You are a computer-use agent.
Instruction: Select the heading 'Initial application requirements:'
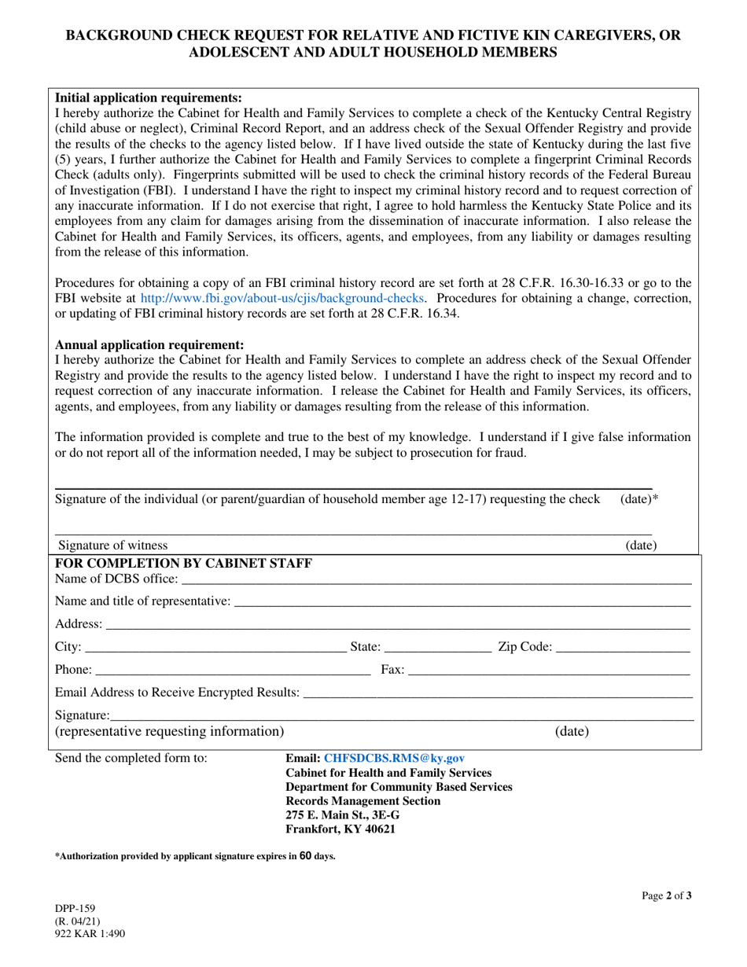[x=149, y=98]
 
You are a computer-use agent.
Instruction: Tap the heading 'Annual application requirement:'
[x=149, y=345]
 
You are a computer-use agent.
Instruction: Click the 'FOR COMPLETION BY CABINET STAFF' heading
[x=184, y=563]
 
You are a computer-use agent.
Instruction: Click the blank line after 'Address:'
[x=397, y=624]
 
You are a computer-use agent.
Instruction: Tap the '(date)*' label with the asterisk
[x=639, y=499]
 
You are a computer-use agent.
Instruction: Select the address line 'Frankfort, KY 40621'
[x=340, y=829]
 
